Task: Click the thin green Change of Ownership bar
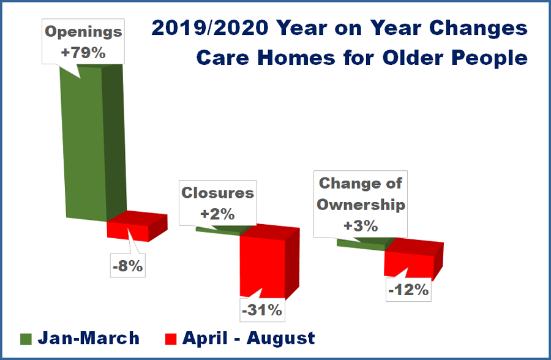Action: [358, 244]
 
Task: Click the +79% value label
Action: [83, 53]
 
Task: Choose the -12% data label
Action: [408, 290]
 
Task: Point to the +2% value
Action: [217, 214]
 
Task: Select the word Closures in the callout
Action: [217, 193]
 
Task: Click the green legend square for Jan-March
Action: [26, 339]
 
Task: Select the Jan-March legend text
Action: [89, 338]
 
